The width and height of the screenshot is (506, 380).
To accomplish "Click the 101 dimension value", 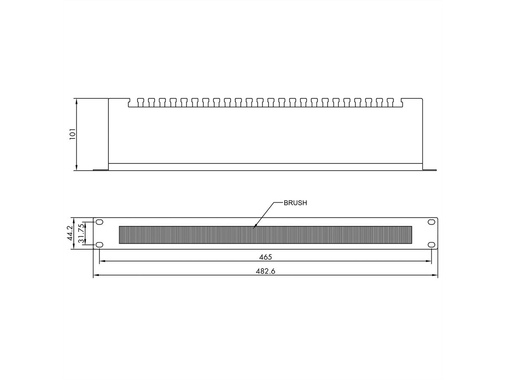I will [72, 134].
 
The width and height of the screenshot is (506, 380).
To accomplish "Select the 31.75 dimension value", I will [82, 233].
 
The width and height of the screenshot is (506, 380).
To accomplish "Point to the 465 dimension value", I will [266, 257].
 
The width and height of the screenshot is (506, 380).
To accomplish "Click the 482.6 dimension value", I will [266, 271].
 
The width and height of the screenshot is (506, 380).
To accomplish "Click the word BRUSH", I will [295, 203].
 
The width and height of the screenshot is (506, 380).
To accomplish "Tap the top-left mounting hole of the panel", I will [100, 222].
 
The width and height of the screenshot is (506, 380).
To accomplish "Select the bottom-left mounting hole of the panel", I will [100, 245].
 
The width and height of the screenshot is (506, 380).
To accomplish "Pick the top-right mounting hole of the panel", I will [431, 222].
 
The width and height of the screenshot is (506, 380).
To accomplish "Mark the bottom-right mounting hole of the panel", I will [431, 245].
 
